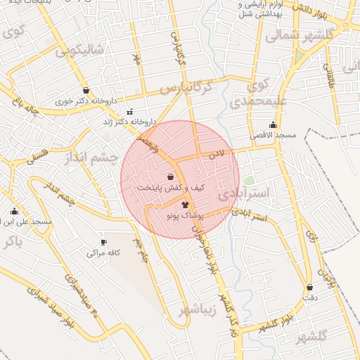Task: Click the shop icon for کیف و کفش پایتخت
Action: coord(172,177)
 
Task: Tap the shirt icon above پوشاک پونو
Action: coord(185,205)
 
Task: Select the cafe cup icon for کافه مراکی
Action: coord(103,242)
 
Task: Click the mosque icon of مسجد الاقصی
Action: coord(273,124)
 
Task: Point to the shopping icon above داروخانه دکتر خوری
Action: coord(86,91)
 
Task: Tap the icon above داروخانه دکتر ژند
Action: coord(130,111)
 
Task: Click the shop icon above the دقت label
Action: coord(310,287)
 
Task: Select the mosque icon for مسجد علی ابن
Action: coord(15,211)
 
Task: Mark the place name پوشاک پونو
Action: coord(184,216)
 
